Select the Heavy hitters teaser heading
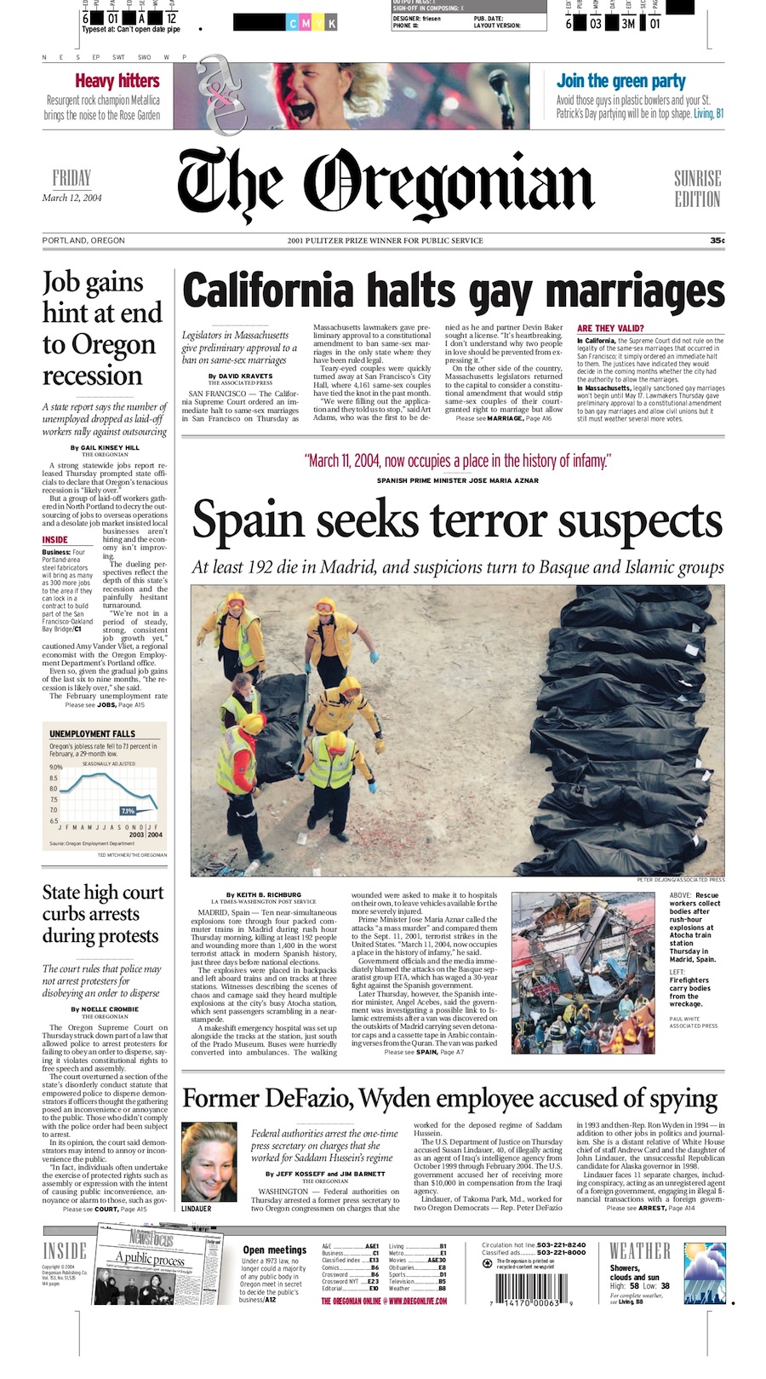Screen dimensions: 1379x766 (117, 81)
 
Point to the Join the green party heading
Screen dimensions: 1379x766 (620, 81)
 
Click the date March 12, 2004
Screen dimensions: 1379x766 (72, 198)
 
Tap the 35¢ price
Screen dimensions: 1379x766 (717, 241)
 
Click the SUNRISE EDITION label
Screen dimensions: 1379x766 (697, 188)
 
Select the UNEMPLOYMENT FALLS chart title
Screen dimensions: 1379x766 (92, 733)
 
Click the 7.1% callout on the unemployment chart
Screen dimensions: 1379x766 (128, 810)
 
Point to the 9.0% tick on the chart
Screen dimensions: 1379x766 (54, 767)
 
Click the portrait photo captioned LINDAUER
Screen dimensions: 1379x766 (209, 1160)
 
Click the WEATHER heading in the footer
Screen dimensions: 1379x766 (639, 1251)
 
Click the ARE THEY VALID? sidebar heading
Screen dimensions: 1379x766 (610, 328)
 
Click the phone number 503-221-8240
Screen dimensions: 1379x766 (560, 1244)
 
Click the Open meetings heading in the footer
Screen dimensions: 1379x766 (274, 1250)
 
